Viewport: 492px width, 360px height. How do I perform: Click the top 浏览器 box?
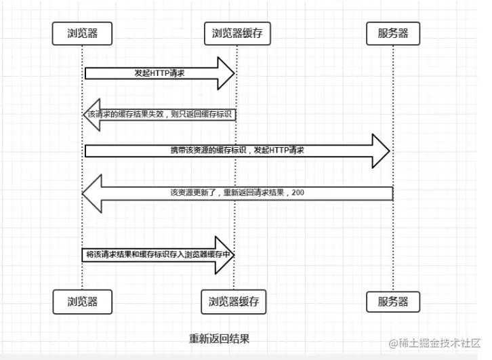point(82,33)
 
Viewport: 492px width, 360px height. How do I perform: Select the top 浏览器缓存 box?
point(237,33)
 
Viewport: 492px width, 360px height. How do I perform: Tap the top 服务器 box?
point(393,33)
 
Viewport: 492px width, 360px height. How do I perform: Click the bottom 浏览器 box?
point(83,302)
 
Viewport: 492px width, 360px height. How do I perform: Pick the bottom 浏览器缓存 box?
point(234,302)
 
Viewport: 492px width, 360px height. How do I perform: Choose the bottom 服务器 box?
point(393,302)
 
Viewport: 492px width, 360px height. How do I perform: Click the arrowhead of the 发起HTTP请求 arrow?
point(226,73)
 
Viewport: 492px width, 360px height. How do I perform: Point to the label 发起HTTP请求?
point(160,73)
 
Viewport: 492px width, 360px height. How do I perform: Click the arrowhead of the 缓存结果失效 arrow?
point(91,115)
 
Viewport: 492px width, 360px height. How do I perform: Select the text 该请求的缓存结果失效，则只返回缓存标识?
point(160,114)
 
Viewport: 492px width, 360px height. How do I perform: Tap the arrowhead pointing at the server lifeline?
point(381,151)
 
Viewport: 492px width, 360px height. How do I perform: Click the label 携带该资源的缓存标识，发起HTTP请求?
point(237,150)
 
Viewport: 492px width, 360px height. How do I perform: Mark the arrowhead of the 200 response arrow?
point(92,194)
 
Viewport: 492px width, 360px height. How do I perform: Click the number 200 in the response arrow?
point(298,193)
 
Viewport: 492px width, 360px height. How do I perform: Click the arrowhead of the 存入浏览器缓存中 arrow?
point(225,255)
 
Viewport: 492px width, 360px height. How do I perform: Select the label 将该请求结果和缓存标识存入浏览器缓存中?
point(159,254)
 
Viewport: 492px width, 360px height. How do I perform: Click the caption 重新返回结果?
point(220,339)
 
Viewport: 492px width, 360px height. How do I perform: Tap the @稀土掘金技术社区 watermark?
point(434,343)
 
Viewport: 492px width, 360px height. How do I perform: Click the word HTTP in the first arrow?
point(160,73)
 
